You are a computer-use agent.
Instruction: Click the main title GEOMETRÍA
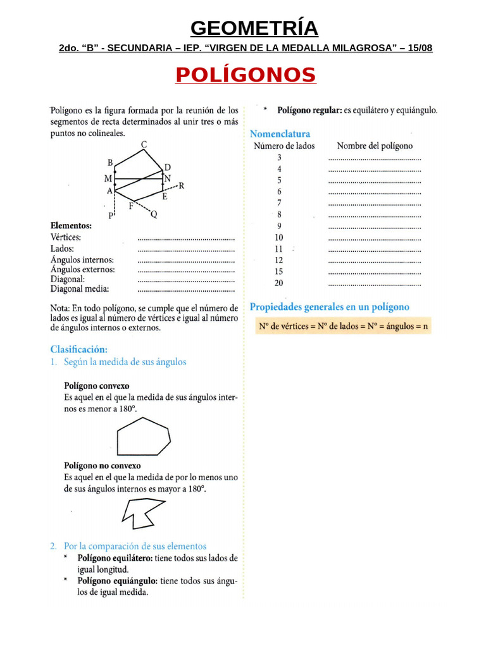[254, 28]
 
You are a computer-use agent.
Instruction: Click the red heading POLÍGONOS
[246, 75]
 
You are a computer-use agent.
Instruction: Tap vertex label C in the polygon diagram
[144, 145]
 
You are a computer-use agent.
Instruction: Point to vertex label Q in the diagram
[153, 215]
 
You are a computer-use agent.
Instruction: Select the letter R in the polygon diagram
[181, 186]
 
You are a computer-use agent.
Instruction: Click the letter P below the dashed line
[111, 216]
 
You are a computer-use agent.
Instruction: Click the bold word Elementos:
[71, 225]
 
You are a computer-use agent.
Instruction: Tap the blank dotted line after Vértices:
[185, 238]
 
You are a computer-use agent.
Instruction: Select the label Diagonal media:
[80, 289]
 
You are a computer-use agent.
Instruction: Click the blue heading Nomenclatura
[280, 134]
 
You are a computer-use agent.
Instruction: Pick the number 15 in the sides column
[279, 271]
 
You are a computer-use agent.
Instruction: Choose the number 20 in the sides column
[279, 283]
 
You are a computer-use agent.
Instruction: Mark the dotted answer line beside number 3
[375, 158]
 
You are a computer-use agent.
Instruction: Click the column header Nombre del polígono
[375, 146]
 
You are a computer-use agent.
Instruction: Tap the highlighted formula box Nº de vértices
[343, 327]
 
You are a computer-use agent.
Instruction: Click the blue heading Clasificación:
[79, 349]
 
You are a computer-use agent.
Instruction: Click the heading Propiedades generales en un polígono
[329, 307]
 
